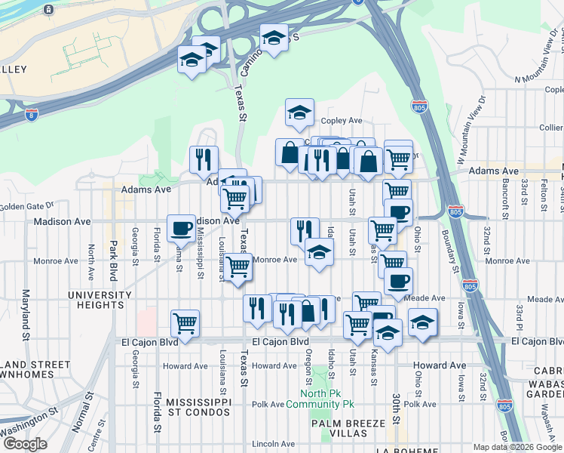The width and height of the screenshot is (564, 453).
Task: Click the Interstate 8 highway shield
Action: coord(31,115)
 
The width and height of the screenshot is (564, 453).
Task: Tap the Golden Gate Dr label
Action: coord(27,205)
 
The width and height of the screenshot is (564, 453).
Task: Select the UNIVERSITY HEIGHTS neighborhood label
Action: coord(100,300)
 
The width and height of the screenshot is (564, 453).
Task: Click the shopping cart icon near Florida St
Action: coord(185,323)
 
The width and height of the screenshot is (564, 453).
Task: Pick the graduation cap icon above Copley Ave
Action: coord(299,113)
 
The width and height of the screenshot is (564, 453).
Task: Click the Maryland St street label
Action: coord(26,313)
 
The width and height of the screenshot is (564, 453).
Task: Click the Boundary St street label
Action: coord(453,247)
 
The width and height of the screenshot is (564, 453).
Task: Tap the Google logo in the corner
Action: coord(25,444)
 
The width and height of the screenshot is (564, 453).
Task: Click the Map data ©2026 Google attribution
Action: coord(516,448)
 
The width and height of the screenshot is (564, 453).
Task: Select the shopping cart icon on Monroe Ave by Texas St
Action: coord(238,266)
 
